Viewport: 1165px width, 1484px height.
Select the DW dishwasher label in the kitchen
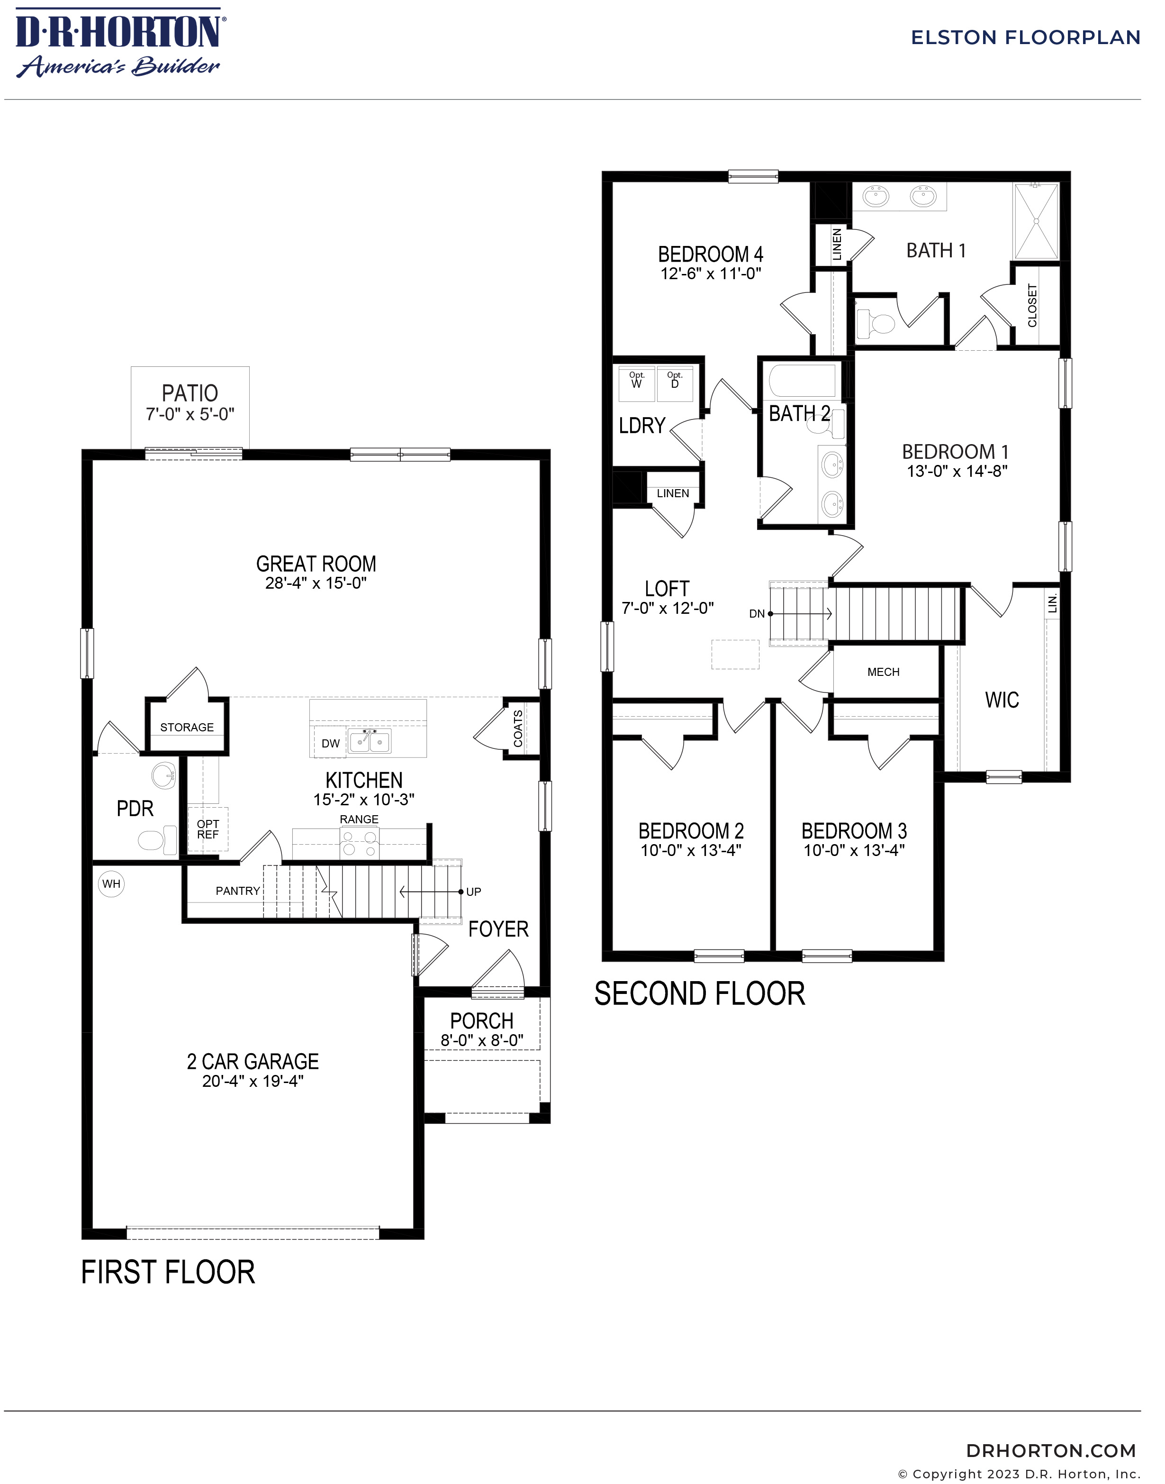[x=331, y=744]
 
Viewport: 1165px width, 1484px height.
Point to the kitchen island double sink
[x=369, y=741]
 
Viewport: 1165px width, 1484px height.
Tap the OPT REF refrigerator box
[x=208, y=829]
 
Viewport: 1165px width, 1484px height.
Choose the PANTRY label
[x=237, y=891]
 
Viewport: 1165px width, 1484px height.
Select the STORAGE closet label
[x=187, y=728]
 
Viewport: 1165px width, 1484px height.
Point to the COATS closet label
[x=518, y=728]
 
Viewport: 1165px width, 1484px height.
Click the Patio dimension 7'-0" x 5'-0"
[x=190, y=414]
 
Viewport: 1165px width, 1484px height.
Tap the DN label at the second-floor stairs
[x=757, y=614]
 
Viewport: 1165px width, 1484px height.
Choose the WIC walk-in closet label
[x=1002, y=700]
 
